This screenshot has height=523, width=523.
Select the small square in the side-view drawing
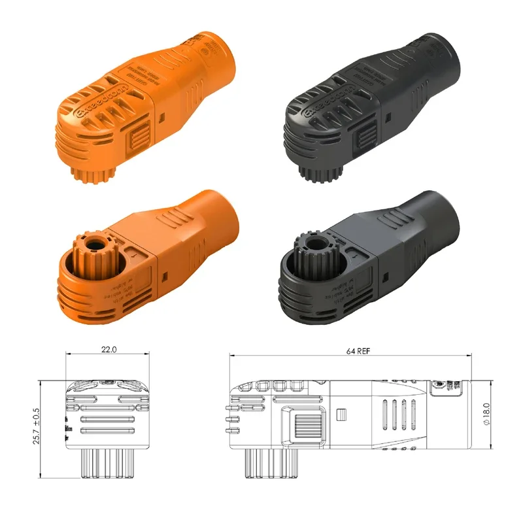tap(340, 414)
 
